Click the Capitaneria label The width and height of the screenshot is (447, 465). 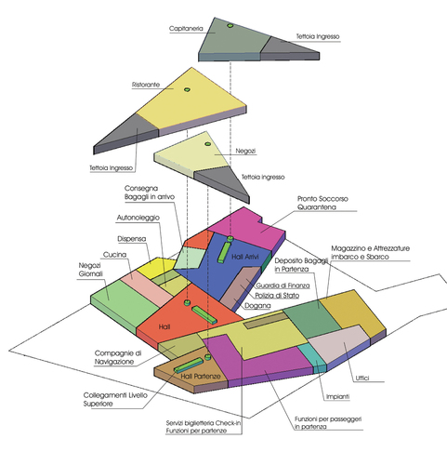(186, 29)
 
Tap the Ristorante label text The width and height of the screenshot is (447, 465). (146, 85)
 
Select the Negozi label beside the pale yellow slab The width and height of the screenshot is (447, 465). (245, 151)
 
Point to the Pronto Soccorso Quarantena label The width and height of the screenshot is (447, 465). (322, 203)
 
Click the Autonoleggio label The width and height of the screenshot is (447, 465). (138, 218)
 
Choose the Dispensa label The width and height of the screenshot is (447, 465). (132, 239)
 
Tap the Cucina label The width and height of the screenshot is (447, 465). (114, 255)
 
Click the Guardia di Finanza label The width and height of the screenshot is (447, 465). (283, 286)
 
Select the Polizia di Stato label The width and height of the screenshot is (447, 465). (277, 296)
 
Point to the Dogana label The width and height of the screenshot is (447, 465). (257, 306)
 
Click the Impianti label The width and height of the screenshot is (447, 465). (337, 396)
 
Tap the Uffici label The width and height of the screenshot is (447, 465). (362, 378)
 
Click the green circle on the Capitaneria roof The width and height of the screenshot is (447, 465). (230, 25)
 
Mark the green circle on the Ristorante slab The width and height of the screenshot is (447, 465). (187, 89)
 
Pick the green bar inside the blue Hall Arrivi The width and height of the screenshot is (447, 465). (224, 252)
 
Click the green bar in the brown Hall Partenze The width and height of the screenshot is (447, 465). (189, 365)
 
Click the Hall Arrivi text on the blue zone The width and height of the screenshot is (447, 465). (245, 257)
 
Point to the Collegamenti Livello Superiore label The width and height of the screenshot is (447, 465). (115, 400)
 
